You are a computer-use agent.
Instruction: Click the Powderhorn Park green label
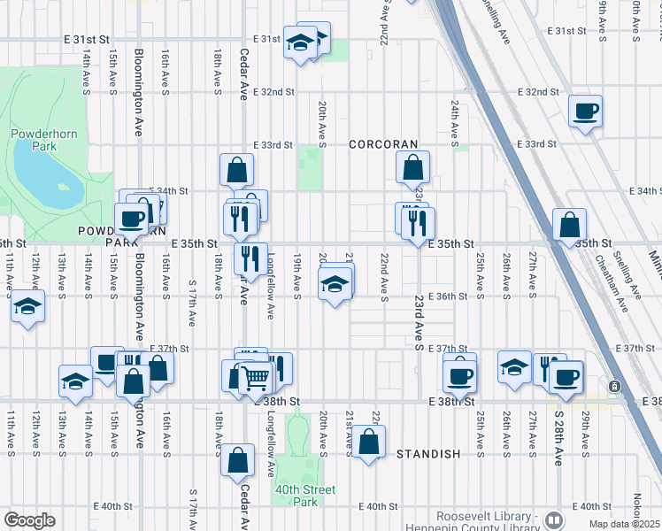[34, 140]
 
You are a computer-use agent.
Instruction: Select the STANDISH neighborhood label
[428, 454]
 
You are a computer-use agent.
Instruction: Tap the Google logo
[29, 520]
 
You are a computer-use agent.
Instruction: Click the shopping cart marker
[255, 378]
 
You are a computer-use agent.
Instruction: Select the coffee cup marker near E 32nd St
[585, 112]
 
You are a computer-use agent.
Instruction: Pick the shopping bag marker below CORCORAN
[413, 166]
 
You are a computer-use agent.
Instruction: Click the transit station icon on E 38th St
[613, 387]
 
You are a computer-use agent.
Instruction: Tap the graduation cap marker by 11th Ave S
[28, 308]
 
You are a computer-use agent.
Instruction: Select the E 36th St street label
[447, 296]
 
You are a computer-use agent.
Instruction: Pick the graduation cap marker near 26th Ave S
[515, 366]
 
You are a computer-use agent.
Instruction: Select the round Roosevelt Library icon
[555, 520]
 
